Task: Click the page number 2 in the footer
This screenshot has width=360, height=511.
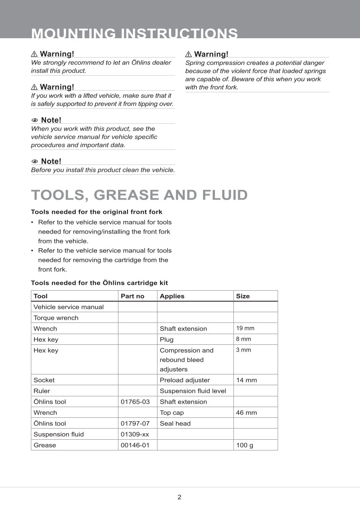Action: point(179,497)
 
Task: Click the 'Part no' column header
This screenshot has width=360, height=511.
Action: point(133,296)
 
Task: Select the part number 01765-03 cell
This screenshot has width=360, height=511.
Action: point(135,401)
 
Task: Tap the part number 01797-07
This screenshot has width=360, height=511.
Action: point(135,423)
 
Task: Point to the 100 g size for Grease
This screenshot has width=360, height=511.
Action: point(245,445)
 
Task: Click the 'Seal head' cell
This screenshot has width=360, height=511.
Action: point(175,423)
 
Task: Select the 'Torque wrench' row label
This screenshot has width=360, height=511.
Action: point(56,318)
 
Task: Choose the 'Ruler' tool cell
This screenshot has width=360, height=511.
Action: point(42,391)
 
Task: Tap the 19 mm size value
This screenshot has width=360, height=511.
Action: point(245,328)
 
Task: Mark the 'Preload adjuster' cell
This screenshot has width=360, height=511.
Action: point(185,380)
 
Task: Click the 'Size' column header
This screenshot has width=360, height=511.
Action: point(242,296)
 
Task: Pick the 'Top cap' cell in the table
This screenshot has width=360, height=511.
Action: point(172,412)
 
